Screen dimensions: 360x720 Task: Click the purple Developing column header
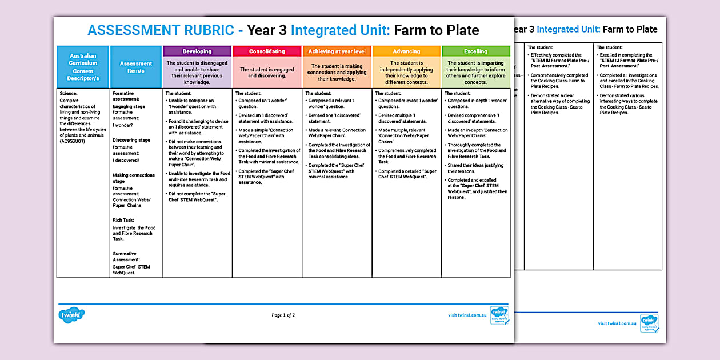(197, 51)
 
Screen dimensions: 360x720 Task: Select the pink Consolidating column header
(267, 51)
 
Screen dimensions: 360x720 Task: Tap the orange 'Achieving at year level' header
(337, 51)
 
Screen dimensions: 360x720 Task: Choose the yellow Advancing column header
(406, 51)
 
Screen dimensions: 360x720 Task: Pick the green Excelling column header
(475, 51)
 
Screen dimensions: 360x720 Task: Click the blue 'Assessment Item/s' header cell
(136, 67)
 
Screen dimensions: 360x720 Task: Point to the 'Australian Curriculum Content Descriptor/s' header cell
(83, 67)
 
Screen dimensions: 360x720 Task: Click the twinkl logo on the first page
(71, 315)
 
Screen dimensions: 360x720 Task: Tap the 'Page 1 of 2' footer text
(283, 315)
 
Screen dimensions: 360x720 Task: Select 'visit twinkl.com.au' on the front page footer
(467, 315)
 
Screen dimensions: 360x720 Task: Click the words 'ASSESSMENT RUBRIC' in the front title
(161, 30)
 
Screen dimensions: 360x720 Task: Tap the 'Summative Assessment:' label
(126, 257)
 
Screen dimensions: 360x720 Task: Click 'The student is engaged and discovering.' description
(267, 73)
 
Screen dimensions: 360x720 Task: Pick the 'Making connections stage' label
(134, 178)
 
